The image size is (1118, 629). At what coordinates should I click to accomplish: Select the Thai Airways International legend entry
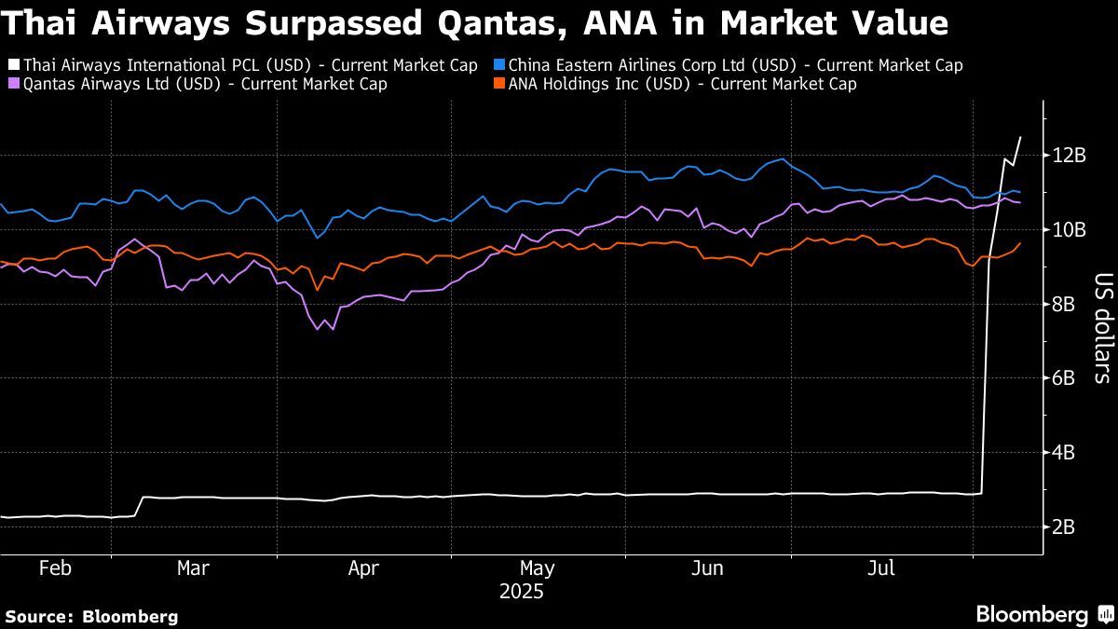[x=244, y=65]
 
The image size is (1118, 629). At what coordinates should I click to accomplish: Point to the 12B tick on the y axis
[x=1068, y=155]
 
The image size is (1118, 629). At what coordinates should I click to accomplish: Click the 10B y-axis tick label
[x=1068, y=229]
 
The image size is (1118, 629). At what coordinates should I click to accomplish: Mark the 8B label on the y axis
[x=1063, y=304]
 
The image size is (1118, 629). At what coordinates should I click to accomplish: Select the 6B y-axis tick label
[x=1063, y=378]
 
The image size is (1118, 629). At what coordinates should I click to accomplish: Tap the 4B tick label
[x=1063, y=453]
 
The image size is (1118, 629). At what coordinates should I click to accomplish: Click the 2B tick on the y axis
[x=1063, y=527]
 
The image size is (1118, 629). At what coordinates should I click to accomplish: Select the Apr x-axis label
[x=364, y=568]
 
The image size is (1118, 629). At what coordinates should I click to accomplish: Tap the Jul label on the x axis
[x=881, y=568]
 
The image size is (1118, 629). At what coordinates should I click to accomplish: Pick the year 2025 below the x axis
[x=521, y=592]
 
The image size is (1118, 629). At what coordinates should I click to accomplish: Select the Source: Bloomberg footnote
[x=91, y=616]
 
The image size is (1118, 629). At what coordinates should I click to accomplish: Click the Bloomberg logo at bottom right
[x=1043, y=614]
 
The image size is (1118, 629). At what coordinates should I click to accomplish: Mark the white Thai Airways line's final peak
[x=1020, y=137]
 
